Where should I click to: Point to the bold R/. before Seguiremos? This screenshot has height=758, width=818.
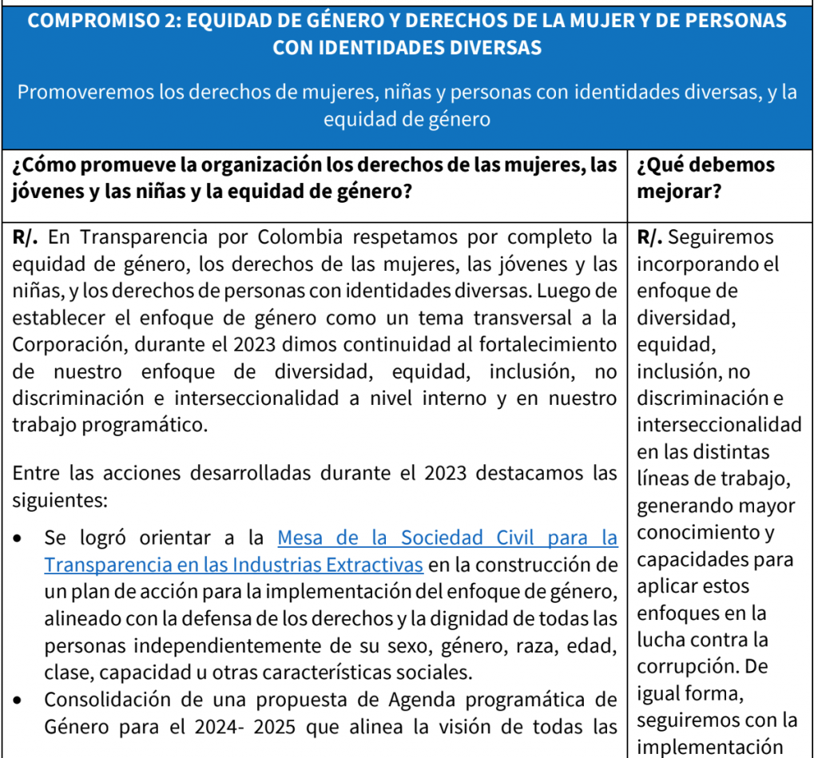[651, 237]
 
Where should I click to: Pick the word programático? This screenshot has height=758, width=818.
[137, 425]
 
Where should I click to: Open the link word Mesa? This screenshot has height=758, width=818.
[302, 537]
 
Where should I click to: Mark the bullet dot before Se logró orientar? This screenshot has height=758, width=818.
[18, 538]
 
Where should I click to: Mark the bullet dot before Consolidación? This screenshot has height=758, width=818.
[18, 701]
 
